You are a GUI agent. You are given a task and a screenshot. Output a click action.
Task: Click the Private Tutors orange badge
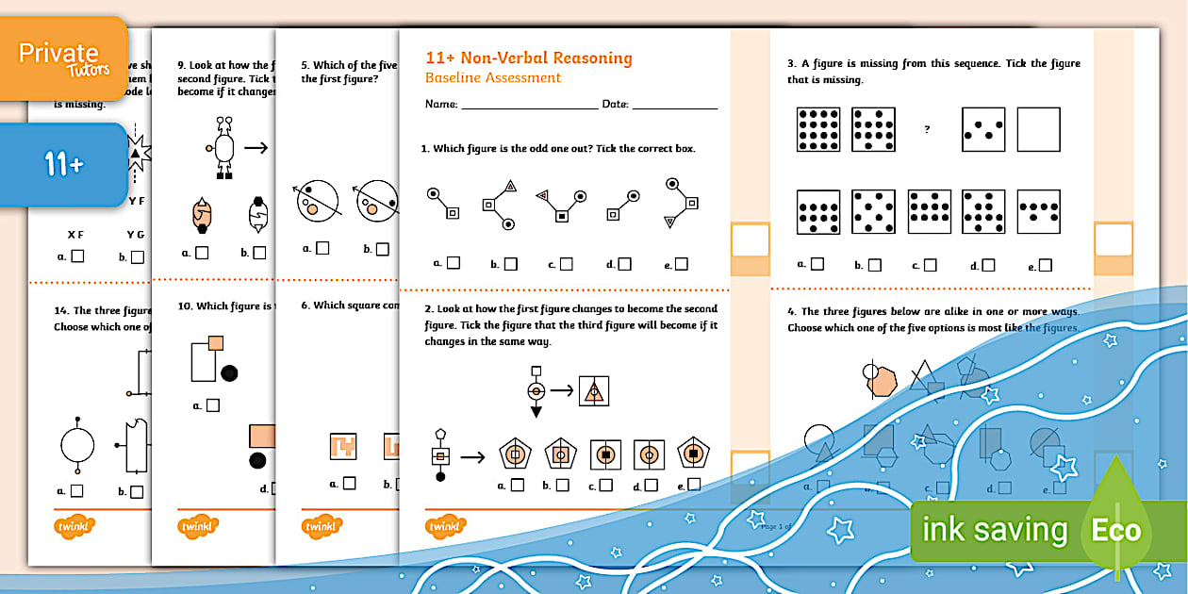(64, 58)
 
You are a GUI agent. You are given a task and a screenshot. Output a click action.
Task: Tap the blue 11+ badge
(64, 165)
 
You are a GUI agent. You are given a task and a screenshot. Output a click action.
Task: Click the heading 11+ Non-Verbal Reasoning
(528, 58)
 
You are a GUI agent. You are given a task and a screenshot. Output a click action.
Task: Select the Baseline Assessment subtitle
(492, 77)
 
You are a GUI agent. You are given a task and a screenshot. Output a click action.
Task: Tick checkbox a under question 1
(454, 263)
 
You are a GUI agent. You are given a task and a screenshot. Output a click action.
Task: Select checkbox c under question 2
(605, 485)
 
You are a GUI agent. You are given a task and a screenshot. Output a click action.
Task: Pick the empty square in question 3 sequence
(1038, 129)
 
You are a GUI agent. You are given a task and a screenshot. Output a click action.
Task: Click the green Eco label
(1116, 530)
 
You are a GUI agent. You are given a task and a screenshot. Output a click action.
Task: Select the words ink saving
(995, 531)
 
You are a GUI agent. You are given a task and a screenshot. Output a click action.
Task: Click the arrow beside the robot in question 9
(255, 147)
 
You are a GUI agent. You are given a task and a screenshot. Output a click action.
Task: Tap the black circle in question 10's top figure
(229, 373)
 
